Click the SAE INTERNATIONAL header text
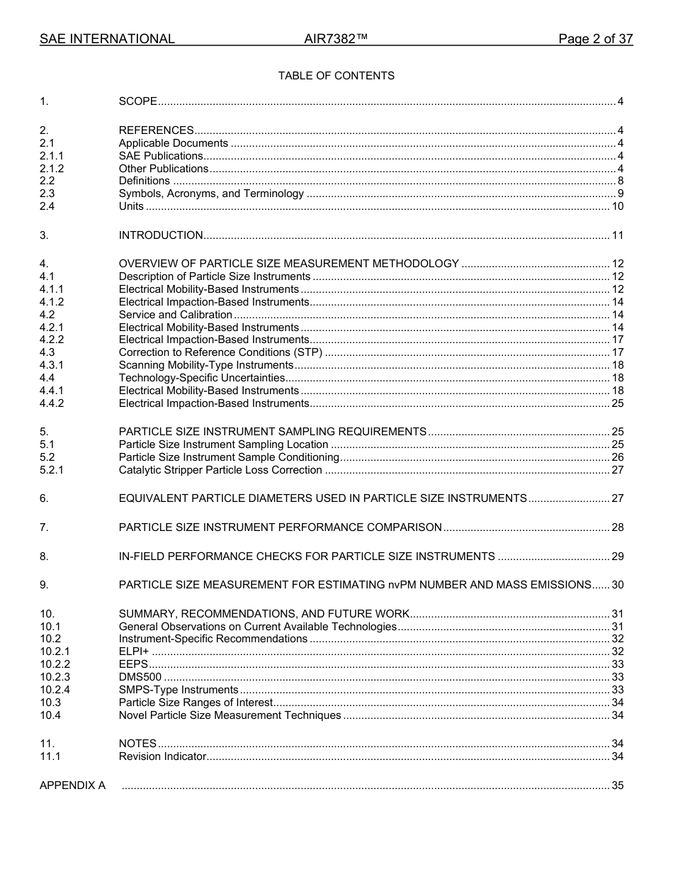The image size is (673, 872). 107,39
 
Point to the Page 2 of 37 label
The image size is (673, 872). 595,39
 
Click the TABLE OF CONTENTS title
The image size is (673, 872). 336,75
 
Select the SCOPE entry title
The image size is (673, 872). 138,101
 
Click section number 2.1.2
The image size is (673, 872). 52,169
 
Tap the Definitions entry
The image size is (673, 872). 144,181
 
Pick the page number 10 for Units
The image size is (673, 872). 618,207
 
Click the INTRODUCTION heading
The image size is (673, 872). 161,235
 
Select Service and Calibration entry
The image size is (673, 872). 175,315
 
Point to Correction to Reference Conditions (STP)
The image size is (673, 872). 220,352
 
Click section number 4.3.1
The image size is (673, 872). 52,365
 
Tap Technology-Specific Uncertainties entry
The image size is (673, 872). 201,378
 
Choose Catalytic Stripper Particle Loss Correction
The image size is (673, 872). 220,470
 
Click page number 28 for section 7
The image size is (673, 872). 618,527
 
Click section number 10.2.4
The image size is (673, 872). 55,690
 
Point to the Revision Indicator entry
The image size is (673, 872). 162,756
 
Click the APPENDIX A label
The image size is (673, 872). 72,786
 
